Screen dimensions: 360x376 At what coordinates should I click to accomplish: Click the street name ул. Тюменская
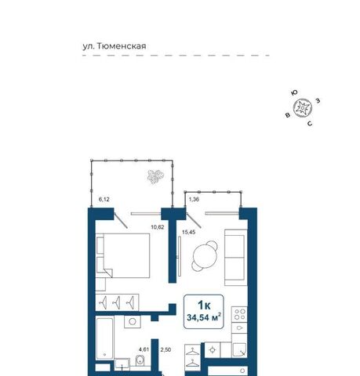(115, 46)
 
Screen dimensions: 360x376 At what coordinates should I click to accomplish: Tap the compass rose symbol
(303, 107)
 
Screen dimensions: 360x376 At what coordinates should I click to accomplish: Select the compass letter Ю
(294, 92)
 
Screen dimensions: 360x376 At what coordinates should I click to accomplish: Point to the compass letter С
(310, 124)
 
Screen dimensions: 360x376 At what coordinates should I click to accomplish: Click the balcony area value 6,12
(104, 200)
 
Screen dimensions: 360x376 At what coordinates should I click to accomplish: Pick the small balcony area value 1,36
(194, 200)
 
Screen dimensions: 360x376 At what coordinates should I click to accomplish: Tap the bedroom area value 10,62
(158, 227)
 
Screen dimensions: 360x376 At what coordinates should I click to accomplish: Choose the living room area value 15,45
(188, 232)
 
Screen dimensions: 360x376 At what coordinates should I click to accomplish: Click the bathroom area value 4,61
(144, 349)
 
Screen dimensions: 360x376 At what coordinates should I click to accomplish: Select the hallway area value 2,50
(165, 349)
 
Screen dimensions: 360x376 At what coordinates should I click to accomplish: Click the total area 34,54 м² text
(204, 317)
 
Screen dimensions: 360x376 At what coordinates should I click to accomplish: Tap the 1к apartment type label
(204, 305)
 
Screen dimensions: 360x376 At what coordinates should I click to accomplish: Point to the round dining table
(205, 255)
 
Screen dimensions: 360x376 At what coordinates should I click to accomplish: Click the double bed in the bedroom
(123, 255)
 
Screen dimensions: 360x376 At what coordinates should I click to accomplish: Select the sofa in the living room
(236, 258)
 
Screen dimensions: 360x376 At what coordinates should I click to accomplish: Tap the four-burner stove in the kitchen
(239, 314)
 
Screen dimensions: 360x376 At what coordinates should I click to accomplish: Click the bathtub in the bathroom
(104, 338)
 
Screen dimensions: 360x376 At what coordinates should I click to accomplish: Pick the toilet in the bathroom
(140, 360)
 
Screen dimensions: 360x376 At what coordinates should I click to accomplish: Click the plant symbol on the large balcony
(155, 176)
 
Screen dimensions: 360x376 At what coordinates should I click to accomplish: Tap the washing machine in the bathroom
(133, 321)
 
